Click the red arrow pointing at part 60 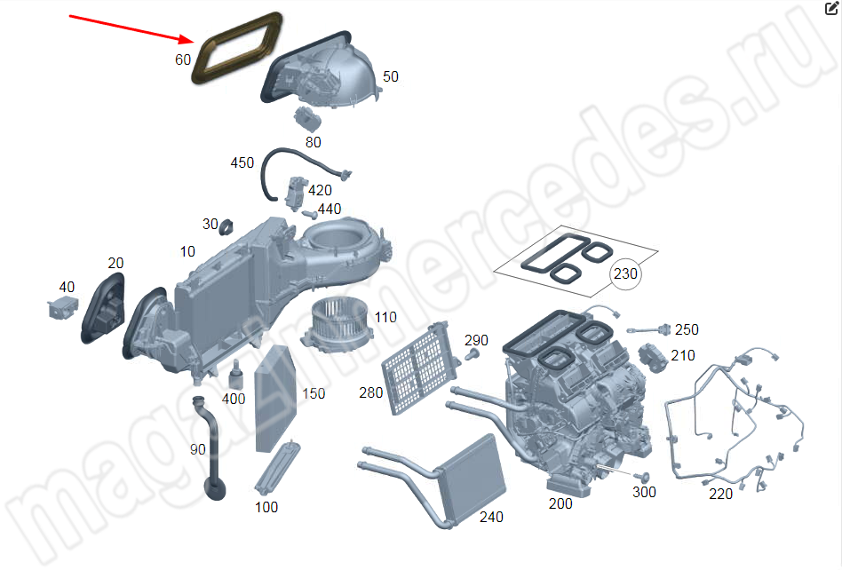pyautogui.click(x=131, y=28)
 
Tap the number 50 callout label pyautogui.click(x=391, y=76)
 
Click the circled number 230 pyautogui.click(x=625, y=273)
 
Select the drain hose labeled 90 pyautogui.click(x=210, y=447)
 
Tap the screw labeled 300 pyautogui.click(x=640, y=477)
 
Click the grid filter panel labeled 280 pyautogui.click(x=420, y=368)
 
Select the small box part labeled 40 pyautogui.click(x=63, y=308)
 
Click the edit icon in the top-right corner pyautogui.click(x=831, y=8)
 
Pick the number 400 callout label pyautogui.click(x=234, y=399)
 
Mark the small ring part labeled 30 pyautogui.click(x=226, y=226)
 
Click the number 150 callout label pyautogui.click(x=314, y=393)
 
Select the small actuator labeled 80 pyautogui.click(x=307, y=119)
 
